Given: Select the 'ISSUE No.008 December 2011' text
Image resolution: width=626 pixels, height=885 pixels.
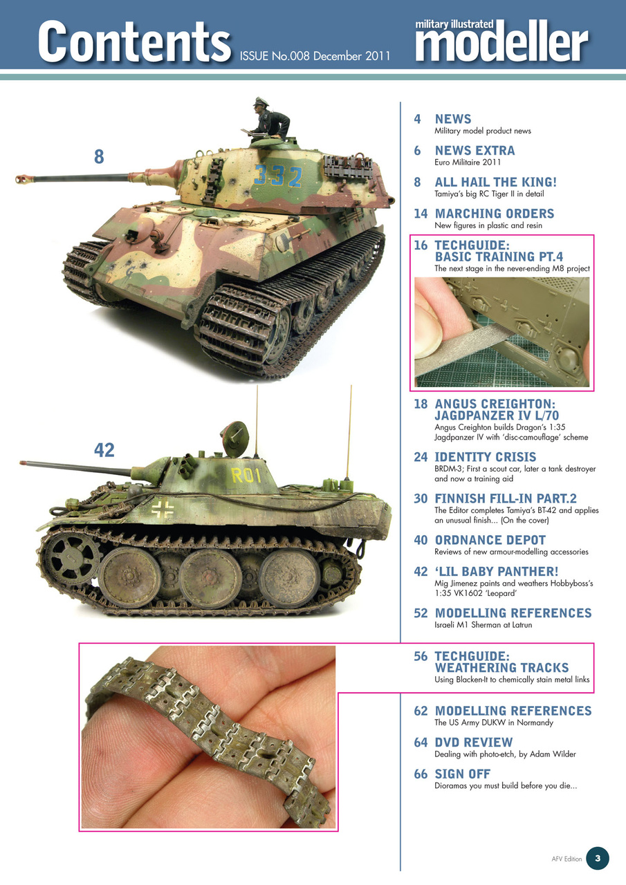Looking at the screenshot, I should click(x=315, y=55).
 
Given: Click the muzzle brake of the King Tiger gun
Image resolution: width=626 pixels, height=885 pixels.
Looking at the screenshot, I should click(x=25, y=180).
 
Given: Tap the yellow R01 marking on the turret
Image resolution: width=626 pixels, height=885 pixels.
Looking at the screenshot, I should click(x=246, y=475).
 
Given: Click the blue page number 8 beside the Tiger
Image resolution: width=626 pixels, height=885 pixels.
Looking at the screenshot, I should click(x=99, y=158).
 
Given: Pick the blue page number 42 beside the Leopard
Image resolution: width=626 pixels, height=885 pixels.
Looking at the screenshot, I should click(x=104, y=450).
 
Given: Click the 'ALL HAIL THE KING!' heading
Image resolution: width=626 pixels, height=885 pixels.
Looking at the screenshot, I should click(x=495, y=183).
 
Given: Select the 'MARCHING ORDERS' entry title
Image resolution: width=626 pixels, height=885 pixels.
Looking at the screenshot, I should click(x=494, y=214).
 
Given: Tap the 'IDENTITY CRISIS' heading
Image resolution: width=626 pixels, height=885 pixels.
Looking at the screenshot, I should click(x=485, y=457).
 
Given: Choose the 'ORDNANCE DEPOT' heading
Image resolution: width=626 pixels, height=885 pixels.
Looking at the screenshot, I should click(x=490, y=540).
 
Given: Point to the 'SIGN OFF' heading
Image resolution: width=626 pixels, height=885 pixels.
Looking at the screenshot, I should click(x=462, y=774).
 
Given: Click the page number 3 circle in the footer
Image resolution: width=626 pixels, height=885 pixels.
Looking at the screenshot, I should click(x=597, y=858).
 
